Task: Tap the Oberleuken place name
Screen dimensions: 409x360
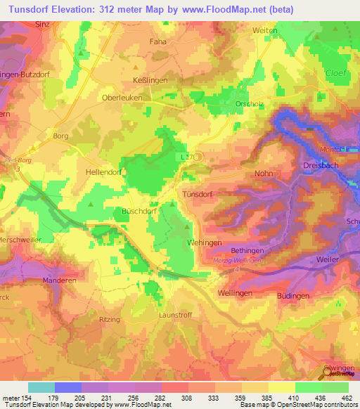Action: pos(122,98)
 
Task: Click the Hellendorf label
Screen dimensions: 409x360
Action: pos(104,171)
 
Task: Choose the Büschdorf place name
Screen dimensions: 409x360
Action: pos(138,210)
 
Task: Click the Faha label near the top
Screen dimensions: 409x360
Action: pos(157,42)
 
